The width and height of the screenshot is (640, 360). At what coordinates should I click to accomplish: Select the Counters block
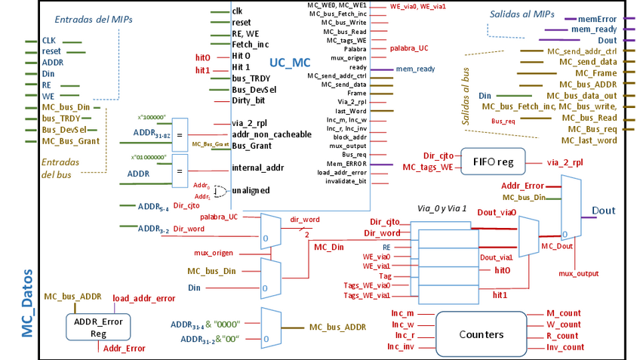tap(481, 334)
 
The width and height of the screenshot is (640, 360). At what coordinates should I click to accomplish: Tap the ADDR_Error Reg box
tap(97, 327)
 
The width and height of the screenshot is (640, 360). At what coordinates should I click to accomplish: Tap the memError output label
tap(598, 17)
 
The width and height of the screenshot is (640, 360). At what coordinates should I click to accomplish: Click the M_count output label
tap(563, 313)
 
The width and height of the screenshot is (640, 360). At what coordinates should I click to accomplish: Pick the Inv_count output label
tap(565, 347)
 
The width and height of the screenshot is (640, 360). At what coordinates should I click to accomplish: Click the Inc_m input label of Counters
tap(401, 313)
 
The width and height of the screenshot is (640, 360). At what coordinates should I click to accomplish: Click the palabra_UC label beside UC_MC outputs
tap(409, 48)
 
